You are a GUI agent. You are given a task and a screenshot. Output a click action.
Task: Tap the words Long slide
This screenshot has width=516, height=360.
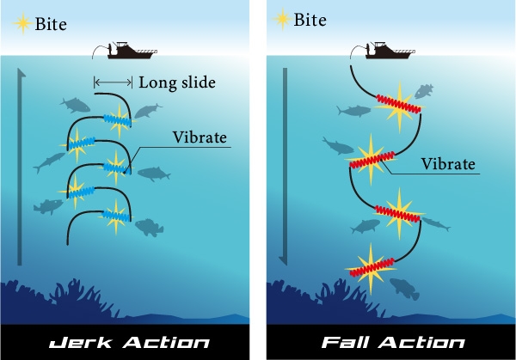(x=174, y=82)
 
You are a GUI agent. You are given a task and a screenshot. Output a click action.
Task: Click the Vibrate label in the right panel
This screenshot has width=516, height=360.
(x=446, y=162)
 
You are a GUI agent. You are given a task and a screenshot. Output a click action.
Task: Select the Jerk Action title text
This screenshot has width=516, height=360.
(x=127, y=343)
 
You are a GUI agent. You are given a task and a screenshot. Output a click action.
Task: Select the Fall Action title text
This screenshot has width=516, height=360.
(x=386, y=343)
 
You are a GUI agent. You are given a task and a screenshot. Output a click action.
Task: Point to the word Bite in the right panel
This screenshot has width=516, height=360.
(x=310, y=20)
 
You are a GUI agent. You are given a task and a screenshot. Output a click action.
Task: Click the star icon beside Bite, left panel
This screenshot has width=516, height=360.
(x=21, y=21)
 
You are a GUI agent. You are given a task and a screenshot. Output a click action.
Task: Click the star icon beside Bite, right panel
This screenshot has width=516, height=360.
(x=281, y=19)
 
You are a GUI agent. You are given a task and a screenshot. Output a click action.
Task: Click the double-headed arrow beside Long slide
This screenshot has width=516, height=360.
(x=113, y=82)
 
